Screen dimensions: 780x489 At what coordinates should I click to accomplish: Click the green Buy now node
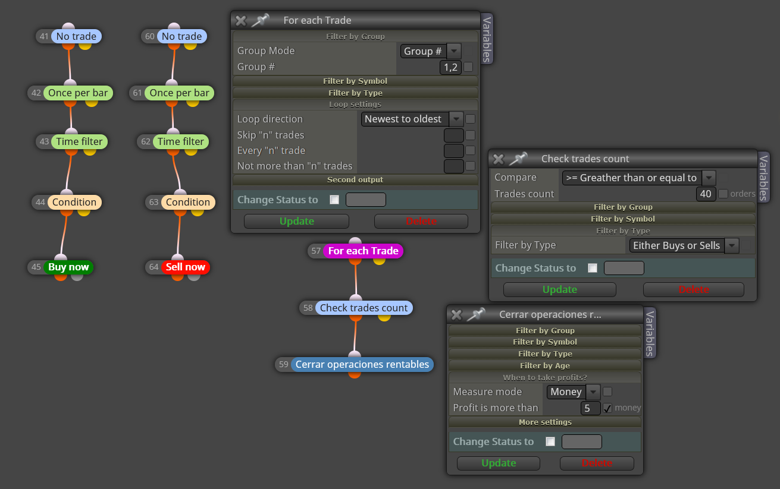pos(68,267)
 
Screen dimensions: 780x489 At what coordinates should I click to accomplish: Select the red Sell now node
pos(185,267)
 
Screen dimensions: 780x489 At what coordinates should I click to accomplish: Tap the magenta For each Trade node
pos(363,251)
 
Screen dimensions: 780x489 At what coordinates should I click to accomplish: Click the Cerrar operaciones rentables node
pos(362,364)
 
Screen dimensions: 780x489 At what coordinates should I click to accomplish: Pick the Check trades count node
pos(364,308)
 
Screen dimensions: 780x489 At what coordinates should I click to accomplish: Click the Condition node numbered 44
pos(74,202)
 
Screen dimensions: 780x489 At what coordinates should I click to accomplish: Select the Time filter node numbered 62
pos(180,141)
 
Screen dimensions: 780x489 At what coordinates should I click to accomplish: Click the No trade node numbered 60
pos(182,36)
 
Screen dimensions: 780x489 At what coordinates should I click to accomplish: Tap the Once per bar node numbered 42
pos(78,93)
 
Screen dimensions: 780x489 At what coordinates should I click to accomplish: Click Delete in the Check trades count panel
pos(693,289)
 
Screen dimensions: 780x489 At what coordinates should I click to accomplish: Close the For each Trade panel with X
pos(240,21)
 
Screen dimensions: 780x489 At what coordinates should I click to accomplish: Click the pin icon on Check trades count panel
pos(518,159)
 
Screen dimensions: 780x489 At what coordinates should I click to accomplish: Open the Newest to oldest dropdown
pos(412,119)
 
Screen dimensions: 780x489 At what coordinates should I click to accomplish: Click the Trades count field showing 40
pos(706,194)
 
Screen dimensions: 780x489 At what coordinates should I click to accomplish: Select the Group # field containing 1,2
pos(450,67)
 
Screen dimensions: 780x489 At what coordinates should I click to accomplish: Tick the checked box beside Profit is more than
pos(607,408)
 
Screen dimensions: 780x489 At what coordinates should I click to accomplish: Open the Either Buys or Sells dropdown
pos(684,245)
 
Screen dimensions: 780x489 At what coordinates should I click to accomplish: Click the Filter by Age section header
pos(545,365)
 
